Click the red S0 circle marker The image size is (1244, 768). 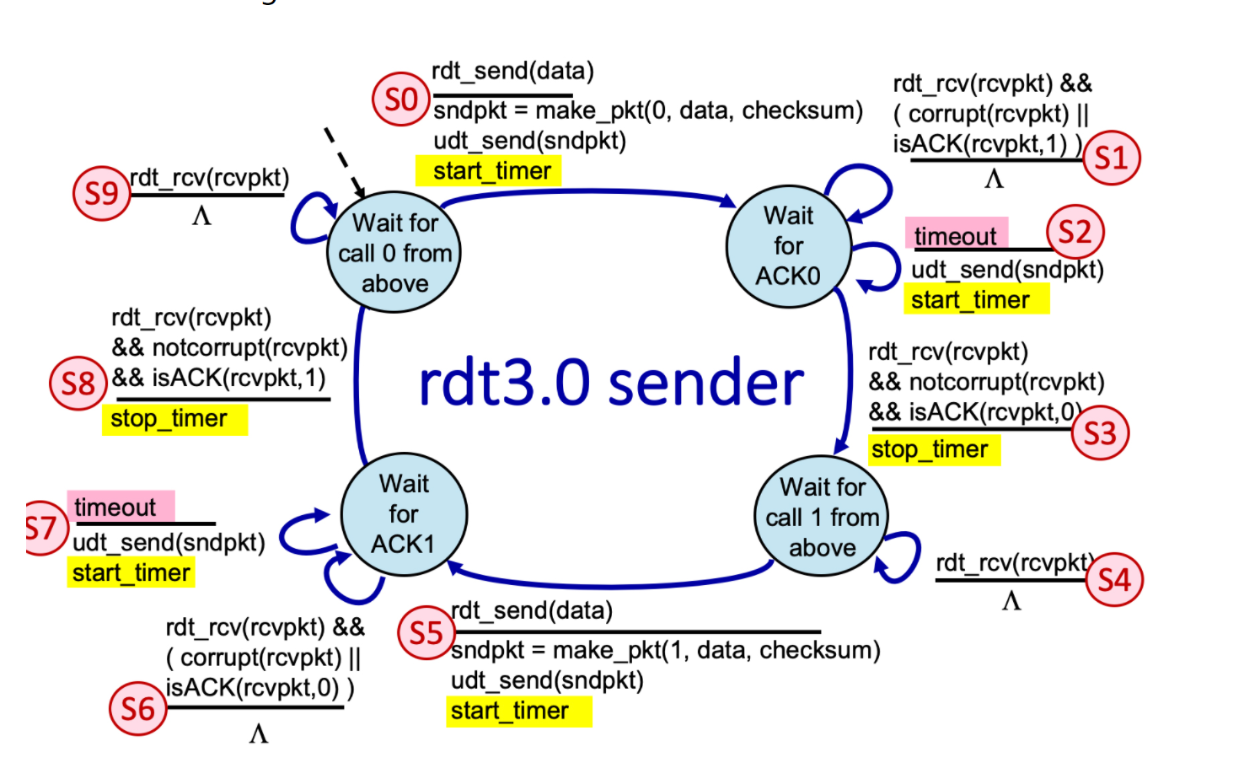pyautogui.click(x=401, y=99)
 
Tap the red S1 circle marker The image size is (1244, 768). pyautogui.click(x=1111, y=158)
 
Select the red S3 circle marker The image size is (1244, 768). pyautogui.click(x=1100, y=433)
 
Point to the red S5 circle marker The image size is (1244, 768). pyautogui.click(x=426, y=632)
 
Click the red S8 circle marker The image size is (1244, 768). pyautogui.click(x=78, y=384)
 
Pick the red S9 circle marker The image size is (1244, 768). pyautogui.click(x=102, y=193)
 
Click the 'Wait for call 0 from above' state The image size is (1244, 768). pyautogui.click(x=394, y=253)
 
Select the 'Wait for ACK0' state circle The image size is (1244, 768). pyautogui.click(x=788, y=246)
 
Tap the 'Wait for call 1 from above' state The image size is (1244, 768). pyautogui.click(x=822, y=517)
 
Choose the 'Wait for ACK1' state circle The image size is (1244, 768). pyautogui.click(x=404, y=514)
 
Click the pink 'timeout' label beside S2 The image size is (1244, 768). pyautogui.click(x=956, y=235)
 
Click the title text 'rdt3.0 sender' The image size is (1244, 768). pyautogui.click(x=611, y=384)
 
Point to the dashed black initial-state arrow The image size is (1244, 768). pyautogui.click(x=344, y=162)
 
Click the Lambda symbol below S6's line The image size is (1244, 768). pyautogui.click(x=258, y=733)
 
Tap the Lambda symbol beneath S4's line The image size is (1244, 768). pyautogui.click(x=1011, y=600)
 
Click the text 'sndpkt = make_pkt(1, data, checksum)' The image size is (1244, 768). pyautogui.click(x=665, y=650)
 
